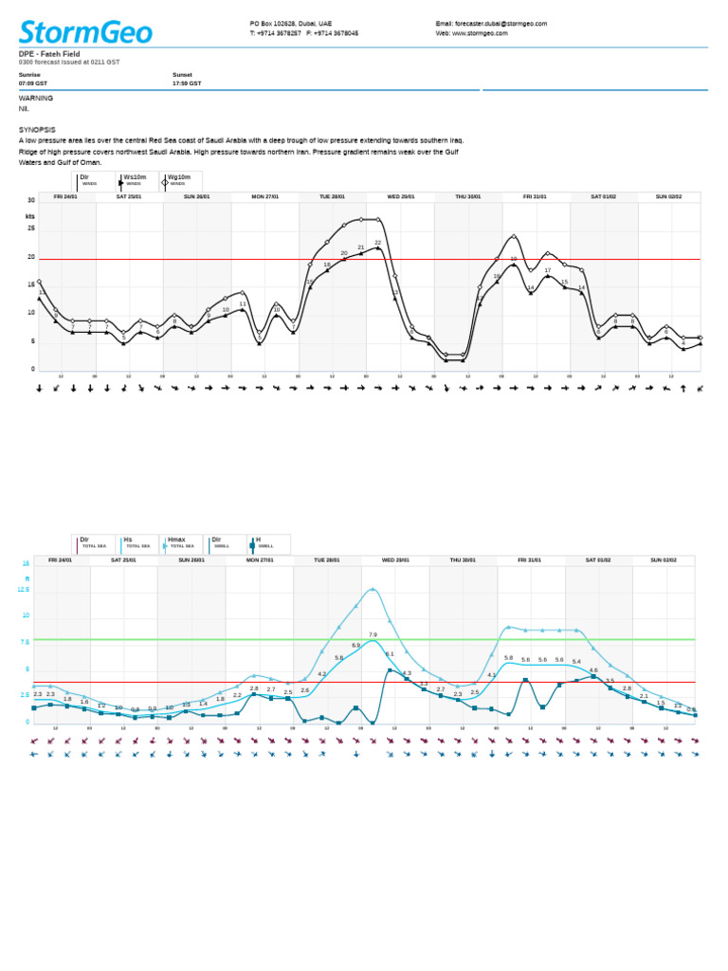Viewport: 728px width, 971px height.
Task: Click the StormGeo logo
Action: tap(85, 32)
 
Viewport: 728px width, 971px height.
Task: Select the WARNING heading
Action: tap(36, 98)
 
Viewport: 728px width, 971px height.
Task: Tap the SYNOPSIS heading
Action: tap(37, 129)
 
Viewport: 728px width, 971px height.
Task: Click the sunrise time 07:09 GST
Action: tap(33, 83)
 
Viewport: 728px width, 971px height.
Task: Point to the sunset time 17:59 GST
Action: tap(187, 83)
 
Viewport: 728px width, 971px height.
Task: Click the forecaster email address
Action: tap(491, 24)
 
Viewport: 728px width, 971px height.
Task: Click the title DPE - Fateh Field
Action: tap(49, 54)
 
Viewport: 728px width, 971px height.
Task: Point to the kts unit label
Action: tap(29, 216)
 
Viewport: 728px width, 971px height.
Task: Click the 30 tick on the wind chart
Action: tap(31, 200)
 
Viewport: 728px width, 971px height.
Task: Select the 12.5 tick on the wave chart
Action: tap(24, 589)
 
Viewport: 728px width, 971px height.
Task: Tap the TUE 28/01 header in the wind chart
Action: tap(332, 196)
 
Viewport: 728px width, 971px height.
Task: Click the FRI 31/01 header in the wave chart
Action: tap(530, 560)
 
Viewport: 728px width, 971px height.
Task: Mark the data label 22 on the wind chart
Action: tap(377, 243)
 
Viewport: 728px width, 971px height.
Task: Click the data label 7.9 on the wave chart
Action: tap(373, 634)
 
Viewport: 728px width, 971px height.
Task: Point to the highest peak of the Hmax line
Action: tap(373, 589)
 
